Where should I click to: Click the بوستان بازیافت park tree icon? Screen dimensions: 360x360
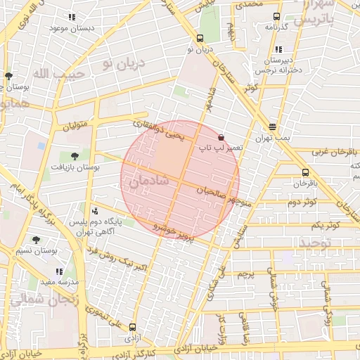point(75,156)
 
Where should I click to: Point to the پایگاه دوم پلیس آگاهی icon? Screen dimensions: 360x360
point(95,210)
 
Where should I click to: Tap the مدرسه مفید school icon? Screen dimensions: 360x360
point(60,271)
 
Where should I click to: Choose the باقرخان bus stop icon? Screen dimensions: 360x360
point(304,172)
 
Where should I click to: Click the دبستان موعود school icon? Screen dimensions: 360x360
point(70,17)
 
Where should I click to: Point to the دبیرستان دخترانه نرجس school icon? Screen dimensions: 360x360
point(279,50)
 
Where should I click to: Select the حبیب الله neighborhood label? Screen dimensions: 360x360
point(59,74)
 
